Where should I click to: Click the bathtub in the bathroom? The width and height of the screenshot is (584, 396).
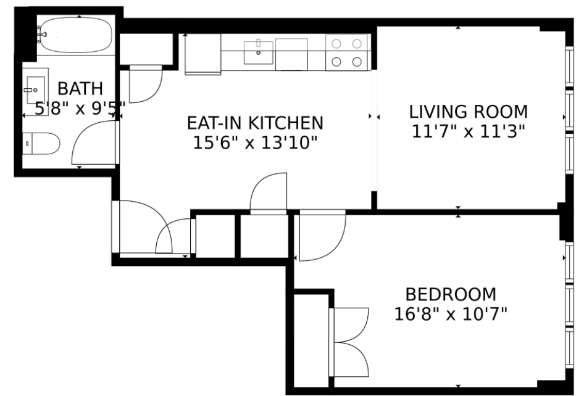click(76, 35)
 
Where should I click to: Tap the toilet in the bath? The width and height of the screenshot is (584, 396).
click(41, 143)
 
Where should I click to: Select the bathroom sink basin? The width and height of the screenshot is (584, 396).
click(36, 90)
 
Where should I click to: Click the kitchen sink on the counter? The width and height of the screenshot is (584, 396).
click(259, 52)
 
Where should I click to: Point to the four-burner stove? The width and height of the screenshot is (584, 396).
click(347, 52)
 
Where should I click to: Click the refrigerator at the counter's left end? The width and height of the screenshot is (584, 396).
click(203, 54)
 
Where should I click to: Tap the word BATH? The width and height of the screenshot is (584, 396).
click(80, 89)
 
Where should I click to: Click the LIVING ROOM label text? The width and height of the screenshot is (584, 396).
click(469, 112)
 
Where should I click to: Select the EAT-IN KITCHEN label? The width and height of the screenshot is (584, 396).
click(255, 123)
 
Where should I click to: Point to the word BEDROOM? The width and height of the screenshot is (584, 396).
click(451, 294)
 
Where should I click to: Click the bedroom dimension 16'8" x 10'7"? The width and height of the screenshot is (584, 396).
click(451, 314)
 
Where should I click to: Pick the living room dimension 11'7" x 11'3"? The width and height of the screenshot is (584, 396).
click(469, 131)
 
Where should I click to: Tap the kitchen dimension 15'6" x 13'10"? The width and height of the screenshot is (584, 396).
click(255, 142)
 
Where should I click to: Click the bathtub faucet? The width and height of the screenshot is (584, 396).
click(40, 35)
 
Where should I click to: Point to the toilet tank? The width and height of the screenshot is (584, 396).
click(27, 143)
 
